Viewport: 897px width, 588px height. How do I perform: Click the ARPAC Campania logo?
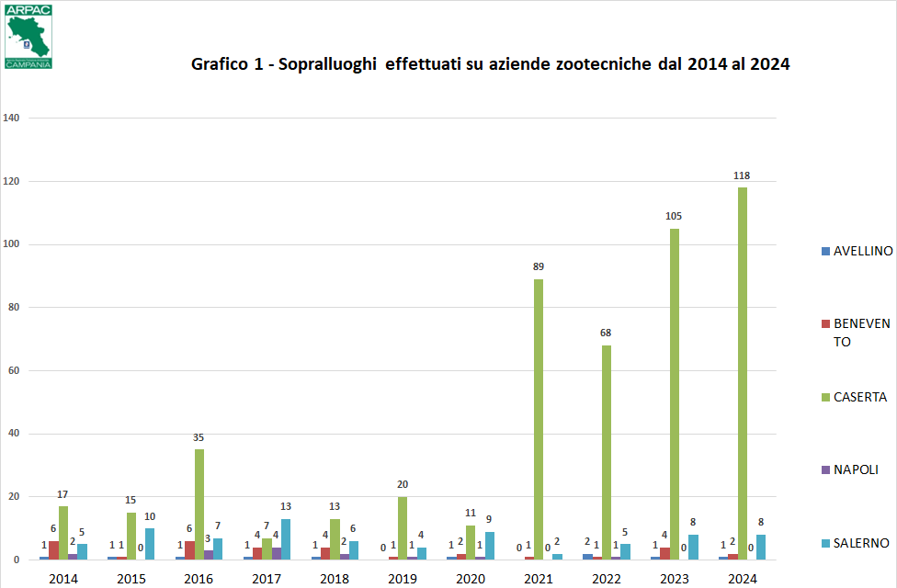tap(28, 36)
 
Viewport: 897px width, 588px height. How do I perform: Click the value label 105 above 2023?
tap(674, 217)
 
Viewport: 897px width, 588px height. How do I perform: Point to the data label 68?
tap(607, 333)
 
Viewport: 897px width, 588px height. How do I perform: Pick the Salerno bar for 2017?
tap(285, 539)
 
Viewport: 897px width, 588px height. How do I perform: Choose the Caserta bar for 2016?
tap(199, 504)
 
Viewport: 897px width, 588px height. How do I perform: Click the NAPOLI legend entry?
tap(855, 469)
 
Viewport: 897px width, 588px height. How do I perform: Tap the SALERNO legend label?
tap(860, 543)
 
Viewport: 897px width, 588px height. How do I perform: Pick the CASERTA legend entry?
tap(859, 397)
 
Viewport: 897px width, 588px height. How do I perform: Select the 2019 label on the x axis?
tap(403, 579)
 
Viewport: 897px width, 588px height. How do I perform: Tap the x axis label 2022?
tap(607, 579)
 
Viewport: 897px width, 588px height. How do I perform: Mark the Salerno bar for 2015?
tap(149, 544)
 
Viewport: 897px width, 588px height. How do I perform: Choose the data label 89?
tap(539, 267)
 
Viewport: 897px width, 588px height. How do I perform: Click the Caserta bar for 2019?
tap(403, 528)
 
